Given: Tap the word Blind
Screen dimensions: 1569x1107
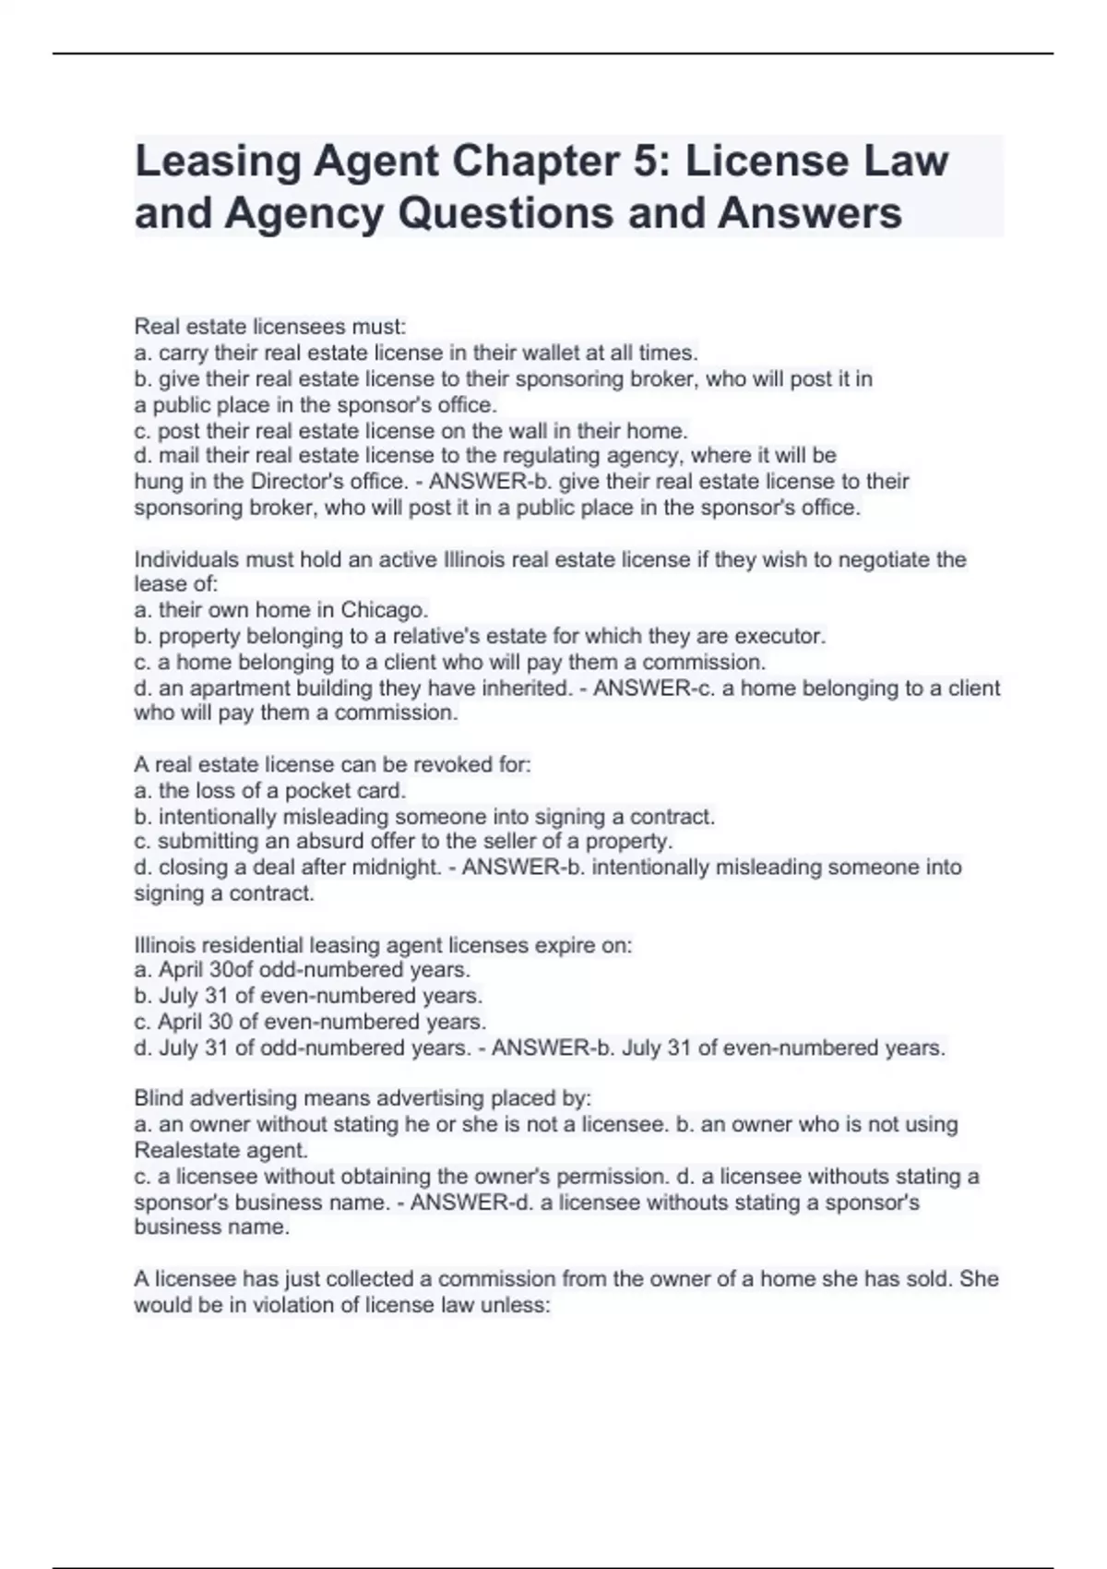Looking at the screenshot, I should click(159, 1098).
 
